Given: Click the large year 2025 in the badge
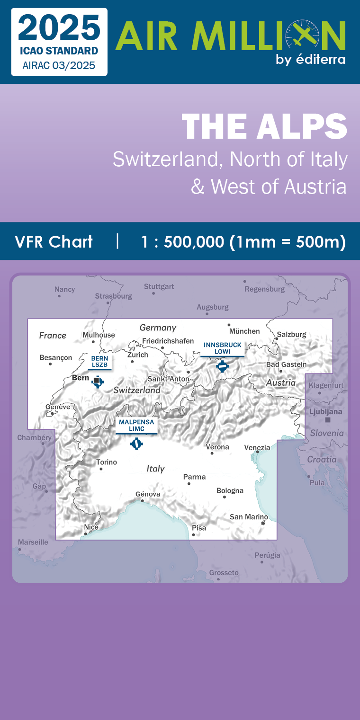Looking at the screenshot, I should click(59, 28).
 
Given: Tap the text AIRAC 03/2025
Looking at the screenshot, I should click(59, 66).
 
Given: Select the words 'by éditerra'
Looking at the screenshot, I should click(310, 59).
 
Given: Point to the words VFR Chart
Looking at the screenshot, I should click(54, 242).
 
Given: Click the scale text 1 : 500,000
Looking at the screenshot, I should click(182, 242).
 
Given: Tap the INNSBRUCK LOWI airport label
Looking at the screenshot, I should click(222, 348).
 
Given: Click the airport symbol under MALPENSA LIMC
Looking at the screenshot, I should click(136, 444).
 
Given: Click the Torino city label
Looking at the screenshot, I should click(107, 462).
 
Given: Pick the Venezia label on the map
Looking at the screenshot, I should click(257, 447).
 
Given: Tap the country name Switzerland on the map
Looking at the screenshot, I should click(137, 391).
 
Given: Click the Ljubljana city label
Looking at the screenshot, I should click(325, 412).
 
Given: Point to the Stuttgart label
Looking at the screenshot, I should click(159, 286).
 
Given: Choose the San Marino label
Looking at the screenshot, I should click(249, 517).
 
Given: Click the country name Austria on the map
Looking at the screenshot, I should click(281, 382).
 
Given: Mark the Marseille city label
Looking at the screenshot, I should click(33, 542).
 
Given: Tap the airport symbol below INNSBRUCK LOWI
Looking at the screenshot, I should click(222, 366).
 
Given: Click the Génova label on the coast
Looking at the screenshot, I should click(148, 494).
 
